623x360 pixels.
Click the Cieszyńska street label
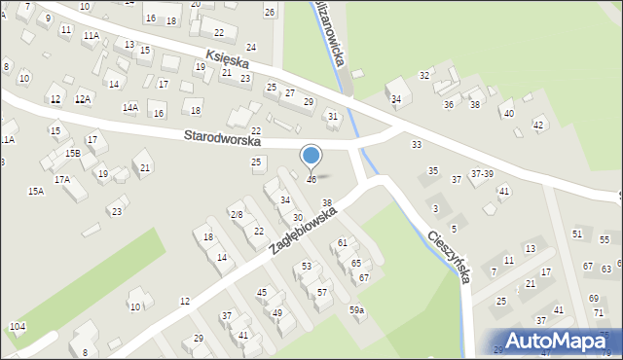tap(451, 255)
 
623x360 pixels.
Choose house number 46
tap(311, 180)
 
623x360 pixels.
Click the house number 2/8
tap(236, 214)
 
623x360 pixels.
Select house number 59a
tap(357, 310)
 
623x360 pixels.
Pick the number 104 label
tap(17, 325)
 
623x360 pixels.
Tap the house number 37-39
tap(482, 173)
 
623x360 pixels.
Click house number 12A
tap(83, 99)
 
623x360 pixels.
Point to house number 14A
tap(129, 107)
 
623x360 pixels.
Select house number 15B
tap(73, 153)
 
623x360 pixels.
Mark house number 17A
tap(61, 179)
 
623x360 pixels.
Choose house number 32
tap(424, 75)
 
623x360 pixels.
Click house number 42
tap(538, 125)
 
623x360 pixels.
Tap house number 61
tap(343, 242)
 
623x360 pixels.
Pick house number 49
tap(276, 312)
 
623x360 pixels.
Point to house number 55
tap(605, 239)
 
